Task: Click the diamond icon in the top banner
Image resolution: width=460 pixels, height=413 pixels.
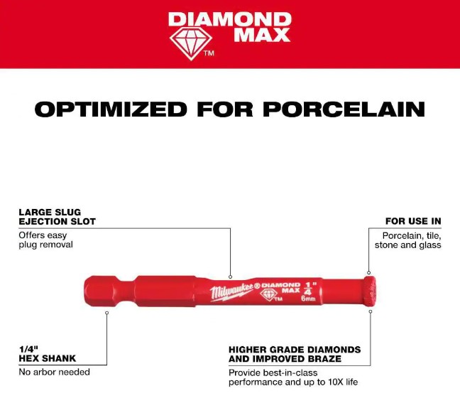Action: pyautogui.click(x=191, y=44)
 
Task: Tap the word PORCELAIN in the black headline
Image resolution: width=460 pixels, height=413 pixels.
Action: pyautogui.click(x=344, y=109)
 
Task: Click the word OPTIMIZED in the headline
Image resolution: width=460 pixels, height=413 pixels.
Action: pyautogui.click(x=111, y=109)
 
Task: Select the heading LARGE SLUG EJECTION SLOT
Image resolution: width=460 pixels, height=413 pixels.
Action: pyautogui.click(x=57, y=217)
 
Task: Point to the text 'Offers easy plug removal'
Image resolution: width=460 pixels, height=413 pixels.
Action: pyautogui.click(x=45, y=240)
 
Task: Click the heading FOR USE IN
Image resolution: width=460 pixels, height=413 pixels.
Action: pyautogui.click(x=413, y=221)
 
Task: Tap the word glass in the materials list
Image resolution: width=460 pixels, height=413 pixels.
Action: pyautogui.click(x=430, y=245)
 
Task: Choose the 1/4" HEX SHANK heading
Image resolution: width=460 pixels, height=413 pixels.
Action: pyautogui.click(x=48, y=354)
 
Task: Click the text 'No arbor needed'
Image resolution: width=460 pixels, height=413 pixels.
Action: pyautogui.click(x=54, y=372)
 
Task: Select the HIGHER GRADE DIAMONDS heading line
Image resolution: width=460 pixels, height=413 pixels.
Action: pyautogui.click(x=295, y=350)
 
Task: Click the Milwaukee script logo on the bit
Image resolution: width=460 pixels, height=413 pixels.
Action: pyautogui.click(x=231, y=291)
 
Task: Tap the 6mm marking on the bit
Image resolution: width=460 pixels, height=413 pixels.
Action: pyautogui.click(x=308, y=299)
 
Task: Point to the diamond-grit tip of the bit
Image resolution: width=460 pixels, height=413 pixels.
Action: pyautogui.click(x=371, y=291)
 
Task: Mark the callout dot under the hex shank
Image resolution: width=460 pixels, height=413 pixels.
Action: pyautogui.click(x=106, y=313)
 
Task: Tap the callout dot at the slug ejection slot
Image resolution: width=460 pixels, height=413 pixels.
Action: pyautogui.click(x=230, y=277)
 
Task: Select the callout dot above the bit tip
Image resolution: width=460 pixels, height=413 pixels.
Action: pyautogui.click(x=368, y=273)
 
